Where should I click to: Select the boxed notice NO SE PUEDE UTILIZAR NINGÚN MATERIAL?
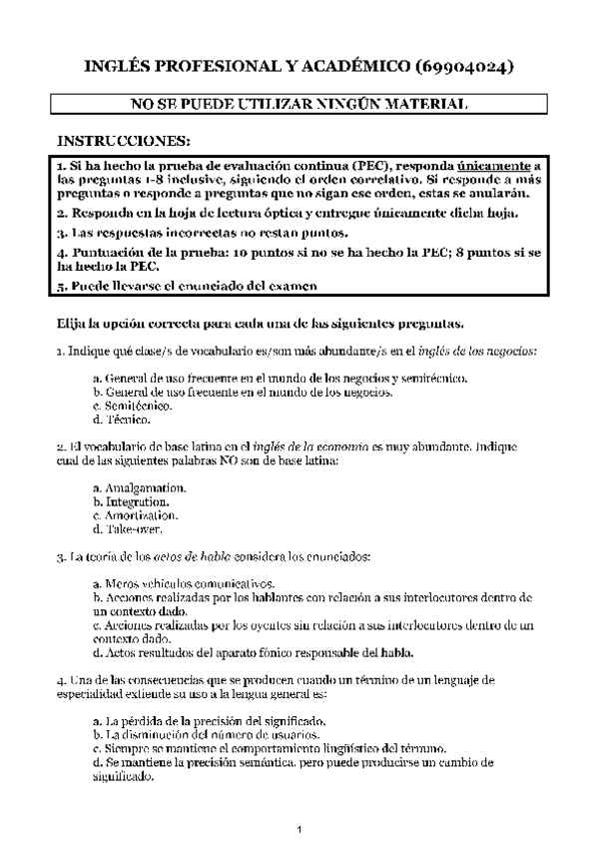click(299, 103)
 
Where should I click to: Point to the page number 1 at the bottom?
click(299, 829)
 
